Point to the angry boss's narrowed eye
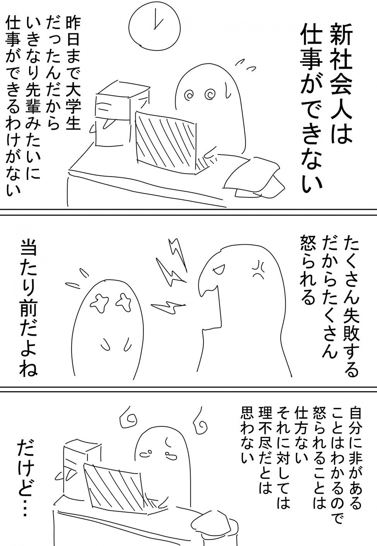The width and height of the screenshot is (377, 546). [218, 270]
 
